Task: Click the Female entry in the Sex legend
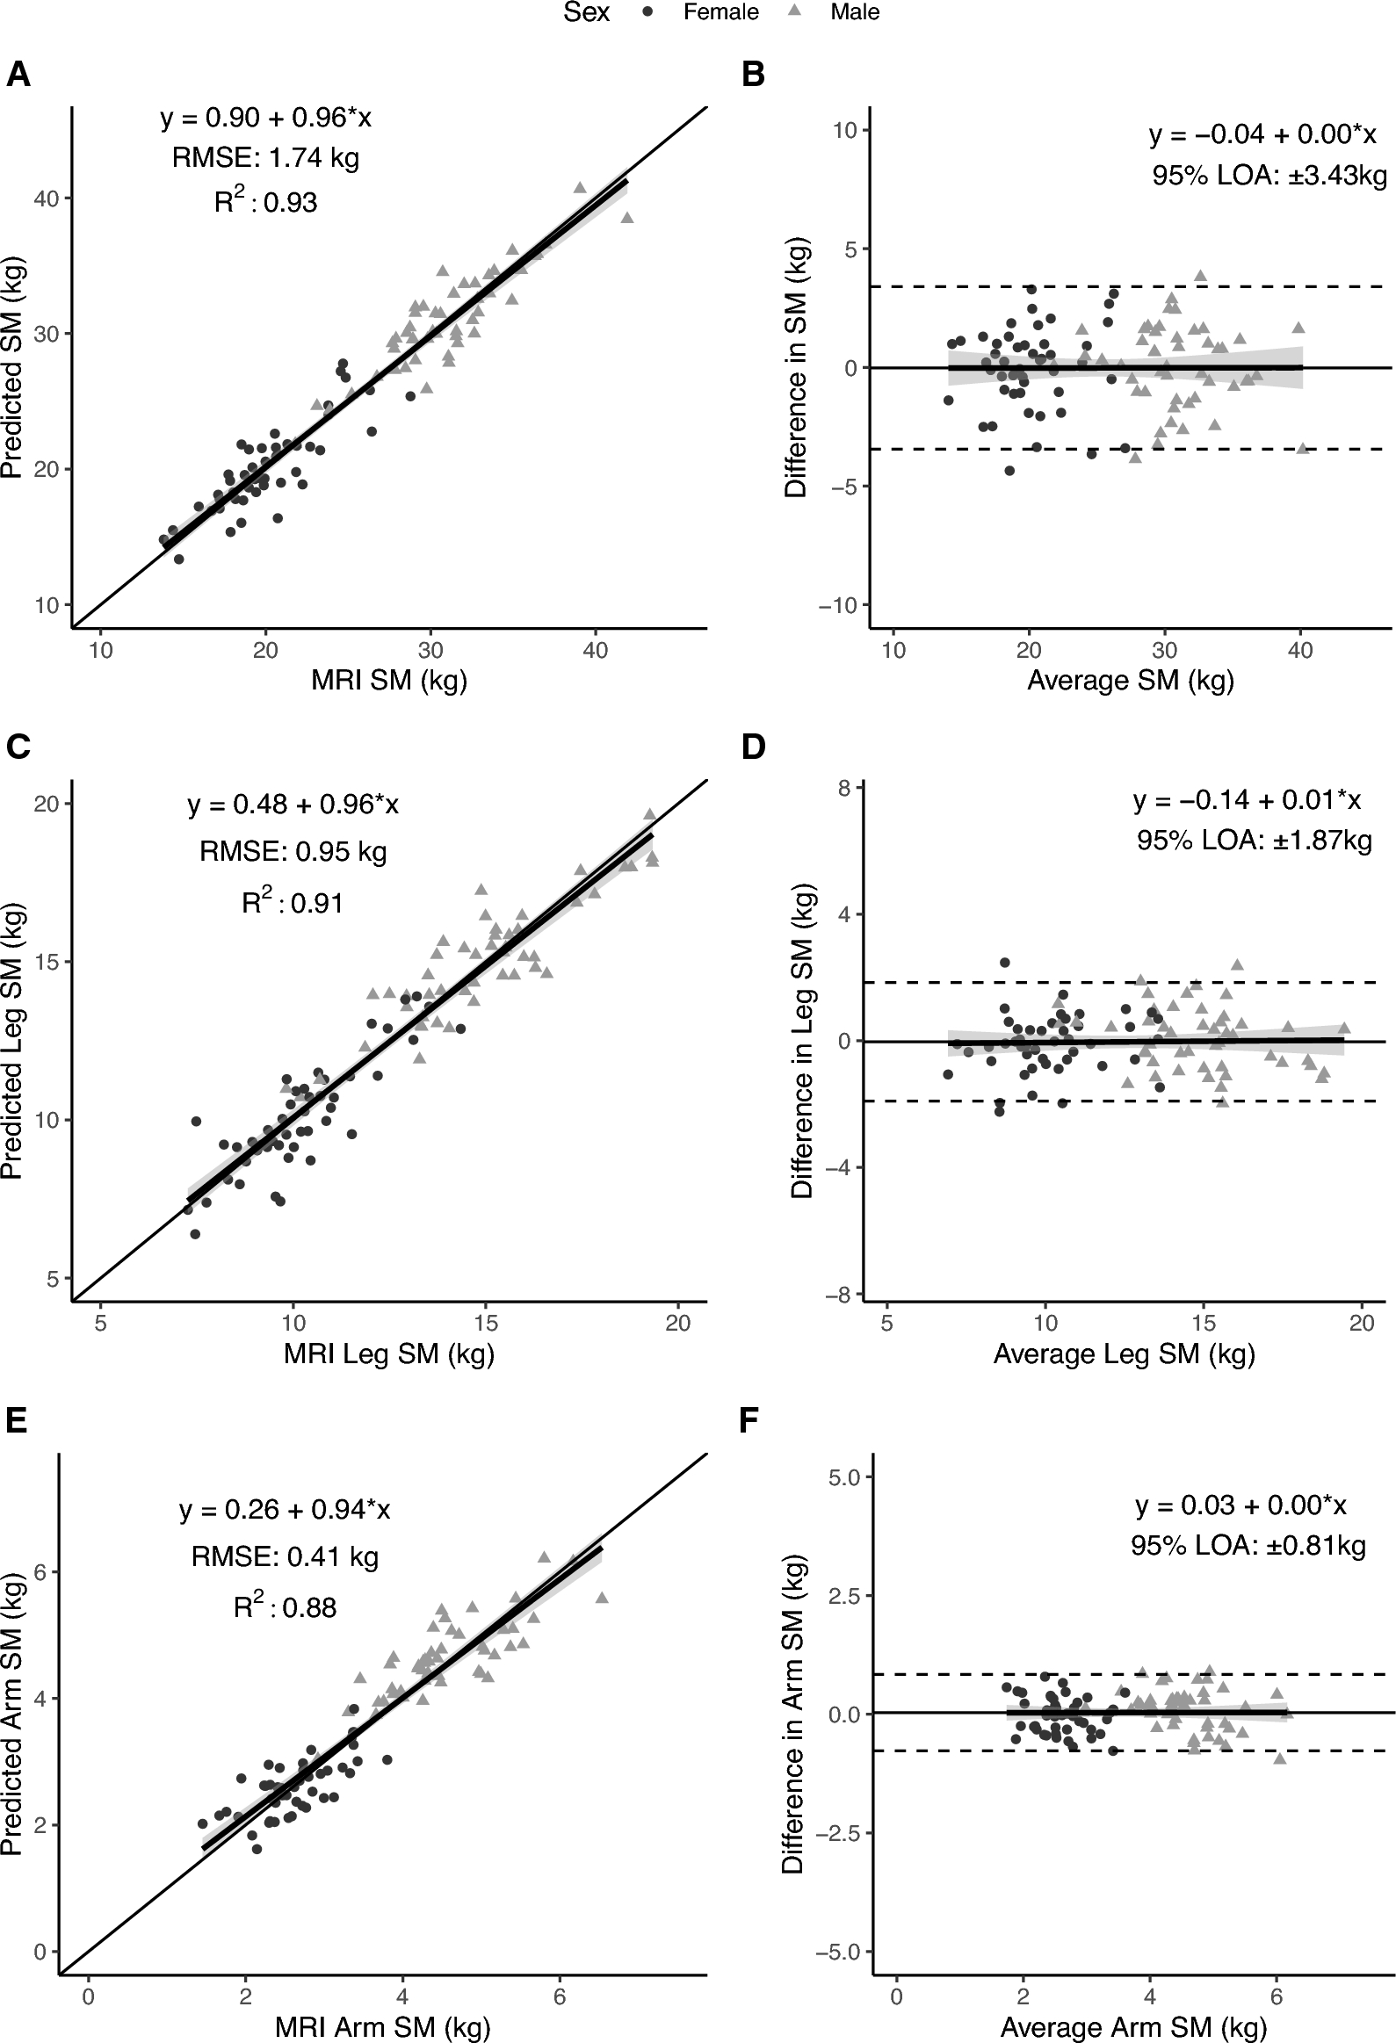point(720,12)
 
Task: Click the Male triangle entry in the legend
point(854,12)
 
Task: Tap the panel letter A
point(18,75)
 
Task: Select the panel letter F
point(749,1420)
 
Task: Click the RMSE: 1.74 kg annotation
point(265,158)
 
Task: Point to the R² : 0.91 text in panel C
point(293,903)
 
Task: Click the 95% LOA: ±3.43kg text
point(1269,176)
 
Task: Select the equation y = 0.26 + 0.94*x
point(285,1509)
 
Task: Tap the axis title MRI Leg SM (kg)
point(388,1354)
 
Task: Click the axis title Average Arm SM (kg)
point(1133,2027)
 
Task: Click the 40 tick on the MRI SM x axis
point(595,651)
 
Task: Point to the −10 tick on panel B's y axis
point(838,605)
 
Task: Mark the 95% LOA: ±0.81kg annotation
point(1248,1547)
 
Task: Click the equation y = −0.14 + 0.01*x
point(1247,800)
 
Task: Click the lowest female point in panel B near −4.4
point(1009,470)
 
